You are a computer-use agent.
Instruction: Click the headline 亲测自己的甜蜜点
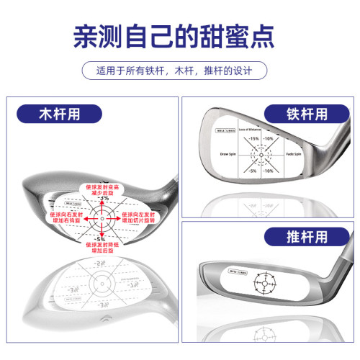coord(179,38)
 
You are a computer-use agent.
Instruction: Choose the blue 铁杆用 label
coord(294,113)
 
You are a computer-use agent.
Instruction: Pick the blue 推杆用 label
coord(294,235)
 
